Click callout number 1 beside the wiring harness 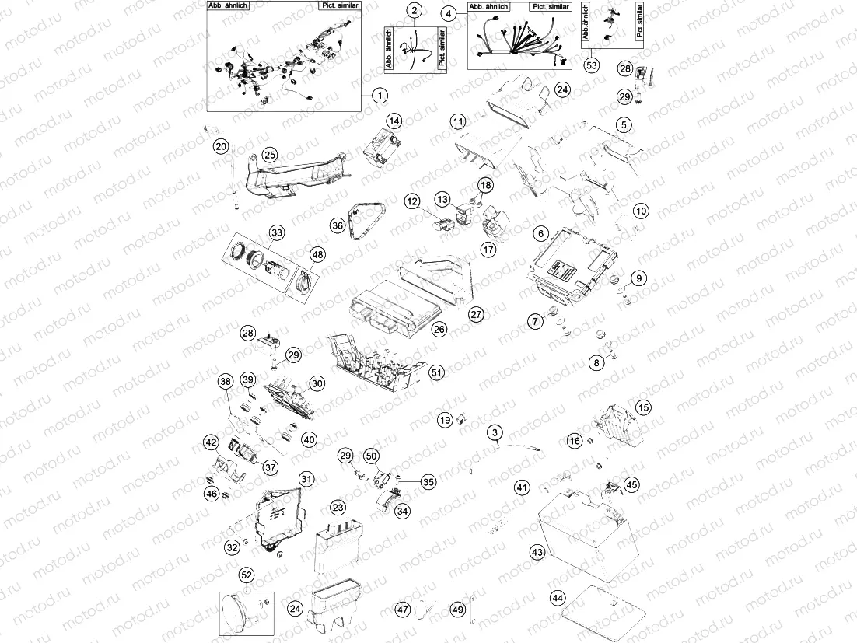(379, 96)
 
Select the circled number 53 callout (592, 65)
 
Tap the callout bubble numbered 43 (537, 551)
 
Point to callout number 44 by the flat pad (557, 599)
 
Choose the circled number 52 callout (247, 575)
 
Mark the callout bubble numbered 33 (276, 232)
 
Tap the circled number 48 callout (317, 254)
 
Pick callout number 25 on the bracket (269, 155)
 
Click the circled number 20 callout (221, 145)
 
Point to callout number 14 (394, 121)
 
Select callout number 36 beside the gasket (337, 225)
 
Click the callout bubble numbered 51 (437, 373)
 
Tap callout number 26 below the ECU (439, 330)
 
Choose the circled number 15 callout (643, 407)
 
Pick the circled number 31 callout (306, 480)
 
